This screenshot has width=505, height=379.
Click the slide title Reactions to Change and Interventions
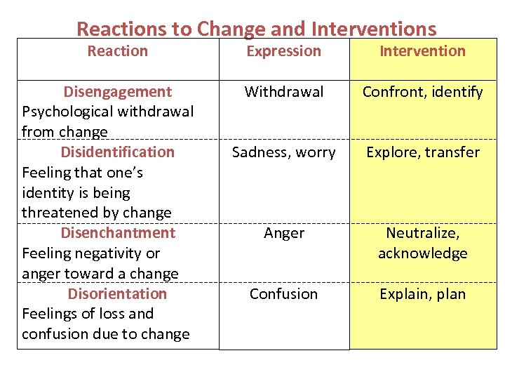(x=256, y=29)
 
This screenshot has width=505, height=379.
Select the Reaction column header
(x=117, y=51)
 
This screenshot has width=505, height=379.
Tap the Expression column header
(x=283, y=51)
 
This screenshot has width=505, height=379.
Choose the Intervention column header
(x=422, y=51)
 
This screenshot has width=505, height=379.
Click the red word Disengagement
(x=117, y=92)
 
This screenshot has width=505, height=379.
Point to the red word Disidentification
(x=117, y=152)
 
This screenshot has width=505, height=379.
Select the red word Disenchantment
(x=117, y=233)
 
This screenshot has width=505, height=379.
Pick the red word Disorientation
(x=117, y=294)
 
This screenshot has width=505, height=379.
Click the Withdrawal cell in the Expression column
(x=283, y=92)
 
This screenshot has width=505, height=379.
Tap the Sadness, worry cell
(x=283, y=152)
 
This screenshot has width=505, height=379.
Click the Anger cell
(x=283, y=233)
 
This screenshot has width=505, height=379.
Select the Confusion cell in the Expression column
(x=283, y=294)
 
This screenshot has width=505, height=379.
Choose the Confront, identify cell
(x=422, y=92)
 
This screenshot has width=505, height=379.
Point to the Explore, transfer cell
(x=422, y=152)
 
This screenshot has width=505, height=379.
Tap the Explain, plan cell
(x=422, y=294)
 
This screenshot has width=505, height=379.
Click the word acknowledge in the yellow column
(x=422, y=253)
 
